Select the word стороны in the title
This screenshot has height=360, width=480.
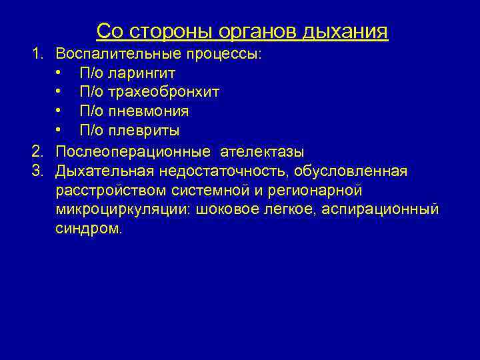166,31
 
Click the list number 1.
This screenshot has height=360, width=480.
38,53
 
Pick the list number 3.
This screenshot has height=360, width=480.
38,171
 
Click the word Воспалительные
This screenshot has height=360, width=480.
109,53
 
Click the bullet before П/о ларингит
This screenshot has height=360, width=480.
59,72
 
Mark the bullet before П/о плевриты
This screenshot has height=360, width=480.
59,131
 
